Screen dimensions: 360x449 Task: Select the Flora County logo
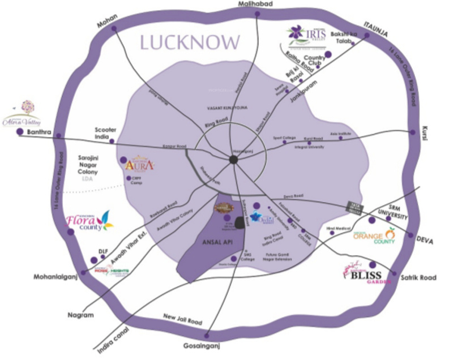(89, 221)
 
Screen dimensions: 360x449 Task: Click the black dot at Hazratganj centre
(233, 160)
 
